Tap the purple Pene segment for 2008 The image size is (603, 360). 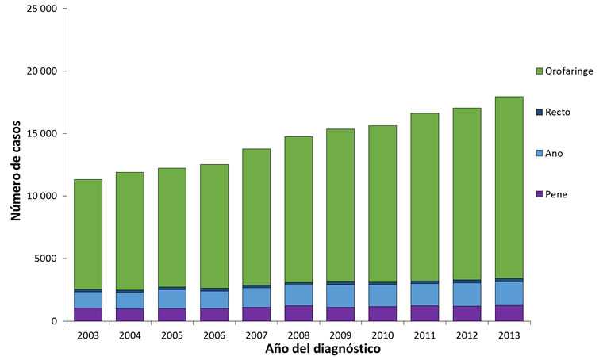[298, 313]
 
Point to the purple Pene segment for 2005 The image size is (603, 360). [172, 315]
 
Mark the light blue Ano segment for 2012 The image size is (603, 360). [466, 294]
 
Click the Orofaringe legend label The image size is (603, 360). [569, 71]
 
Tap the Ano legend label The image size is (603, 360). [555, 153]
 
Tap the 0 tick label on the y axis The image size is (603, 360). [55, 321]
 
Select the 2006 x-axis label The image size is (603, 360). [214, 335]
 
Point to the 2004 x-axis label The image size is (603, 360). [130, 335]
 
